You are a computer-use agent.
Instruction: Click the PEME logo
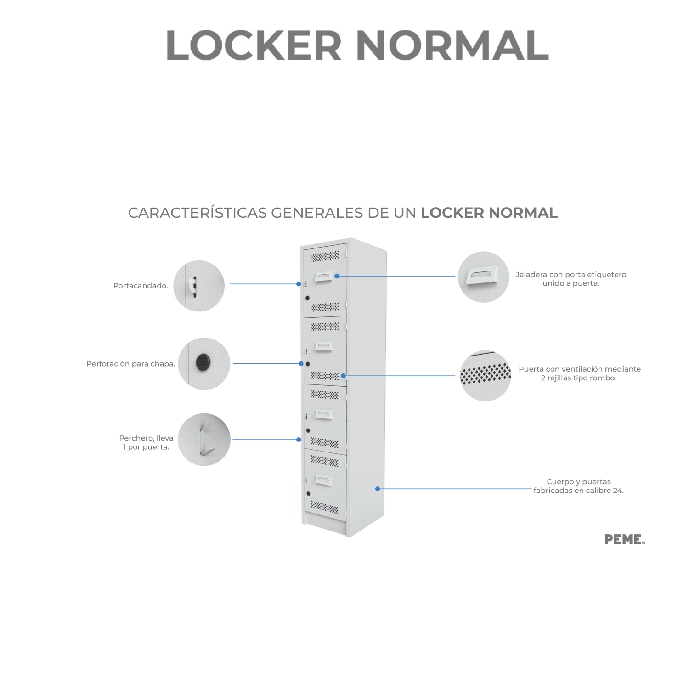[x=625, y=539]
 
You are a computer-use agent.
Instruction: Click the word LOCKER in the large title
[x=254, y=45]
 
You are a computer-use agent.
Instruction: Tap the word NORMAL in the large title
[x=452, y=45]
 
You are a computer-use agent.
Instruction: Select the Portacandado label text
[x=141, y=286]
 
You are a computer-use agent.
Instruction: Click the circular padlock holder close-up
[x=199, y=286]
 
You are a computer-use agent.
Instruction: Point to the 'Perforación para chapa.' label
[x=131, y=364]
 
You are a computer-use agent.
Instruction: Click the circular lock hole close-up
[x=204, y=363]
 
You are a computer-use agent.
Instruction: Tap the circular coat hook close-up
[x=204, y=440]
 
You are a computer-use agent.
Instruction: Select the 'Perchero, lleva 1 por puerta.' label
[x=146, y=442]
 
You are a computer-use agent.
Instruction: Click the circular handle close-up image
[x=483, y=277]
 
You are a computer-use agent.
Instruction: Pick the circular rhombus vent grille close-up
[x=486, y=376]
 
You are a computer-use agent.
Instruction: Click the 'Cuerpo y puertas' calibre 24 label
[x=579, y=486]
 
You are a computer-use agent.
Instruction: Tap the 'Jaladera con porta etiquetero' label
[x=571, y=279]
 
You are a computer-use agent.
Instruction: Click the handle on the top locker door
[x=323, y=277]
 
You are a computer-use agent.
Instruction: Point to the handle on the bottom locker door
[x=323, y=480]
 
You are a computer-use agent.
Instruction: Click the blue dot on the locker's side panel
[x=378, y=489]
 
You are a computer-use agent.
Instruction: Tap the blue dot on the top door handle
[x=337, y=276]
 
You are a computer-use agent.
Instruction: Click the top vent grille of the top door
[x=324, y=256]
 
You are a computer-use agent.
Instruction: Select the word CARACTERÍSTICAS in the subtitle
[x=198, y=213]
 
